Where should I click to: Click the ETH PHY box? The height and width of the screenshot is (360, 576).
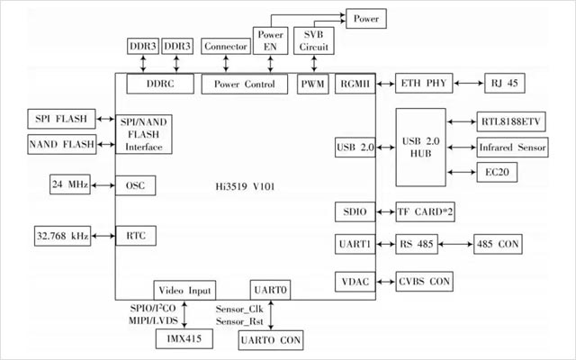click(423, 84)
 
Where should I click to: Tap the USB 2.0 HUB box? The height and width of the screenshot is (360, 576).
click(421, 148)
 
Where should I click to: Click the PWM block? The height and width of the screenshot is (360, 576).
click(313, 84)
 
